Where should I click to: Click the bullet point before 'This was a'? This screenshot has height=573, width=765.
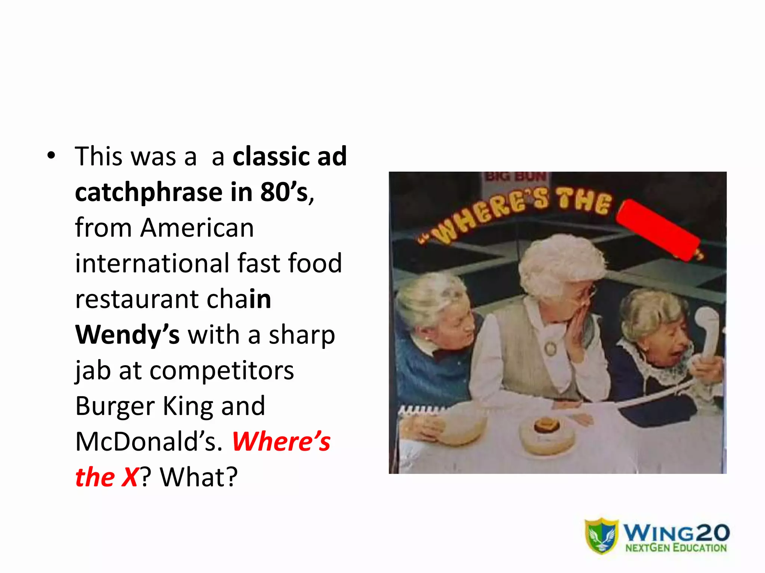51,156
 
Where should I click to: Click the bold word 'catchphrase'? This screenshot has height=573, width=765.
149,192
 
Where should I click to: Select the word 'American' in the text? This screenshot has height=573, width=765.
197,228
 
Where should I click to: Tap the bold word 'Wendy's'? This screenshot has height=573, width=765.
127,335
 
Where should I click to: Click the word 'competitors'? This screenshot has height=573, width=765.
222,370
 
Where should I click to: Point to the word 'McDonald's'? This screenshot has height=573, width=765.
148,442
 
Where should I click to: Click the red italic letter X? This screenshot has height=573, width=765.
130,477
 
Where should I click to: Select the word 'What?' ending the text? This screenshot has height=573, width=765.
199,477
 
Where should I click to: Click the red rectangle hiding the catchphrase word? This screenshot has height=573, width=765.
657,231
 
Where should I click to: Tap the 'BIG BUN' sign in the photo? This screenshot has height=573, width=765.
515,176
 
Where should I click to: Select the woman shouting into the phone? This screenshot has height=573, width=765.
657,343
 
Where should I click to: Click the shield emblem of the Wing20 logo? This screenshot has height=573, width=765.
601,535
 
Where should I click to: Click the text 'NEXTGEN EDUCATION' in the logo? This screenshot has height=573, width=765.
676,548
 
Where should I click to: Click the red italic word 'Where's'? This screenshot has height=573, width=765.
281,442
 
